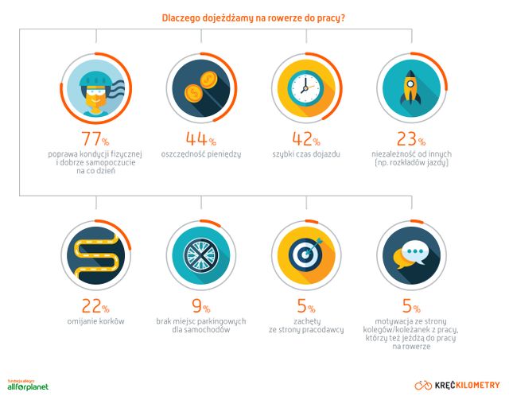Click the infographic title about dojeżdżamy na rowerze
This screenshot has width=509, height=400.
[x=253, y=17]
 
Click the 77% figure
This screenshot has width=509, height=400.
[x=95, y=139]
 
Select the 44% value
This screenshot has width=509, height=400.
[x=201, y=138]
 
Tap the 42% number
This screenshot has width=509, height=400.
[x=306, y=138]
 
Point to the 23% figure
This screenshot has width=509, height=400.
[x=411, y=138]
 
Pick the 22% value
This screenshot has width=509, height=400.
[x=95, y=306]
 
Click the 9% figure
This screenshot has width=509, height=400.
[x=201, y=306]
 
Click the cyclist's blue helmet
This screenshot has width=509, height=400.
[x=95, y=78]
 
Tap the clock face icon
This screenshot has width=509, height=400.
[x=305, y=88]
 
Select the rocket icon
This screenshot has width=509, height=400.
[x=410, y=87]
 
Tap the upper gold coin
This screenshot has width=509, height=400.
[x=208, y=80]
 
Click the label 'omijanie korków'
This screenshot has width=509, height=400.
[x=95, y=321]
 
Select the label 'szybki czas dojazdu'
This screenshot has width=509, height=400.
[x=306, y=154]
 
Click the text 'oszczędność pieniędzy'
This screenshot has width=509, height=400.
[x=201, y=154]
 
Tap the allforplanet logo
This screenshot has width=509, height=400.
[x=28, y=386]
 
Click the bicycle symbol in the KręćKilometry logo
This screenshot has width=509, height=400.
[x=423, y=386]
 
